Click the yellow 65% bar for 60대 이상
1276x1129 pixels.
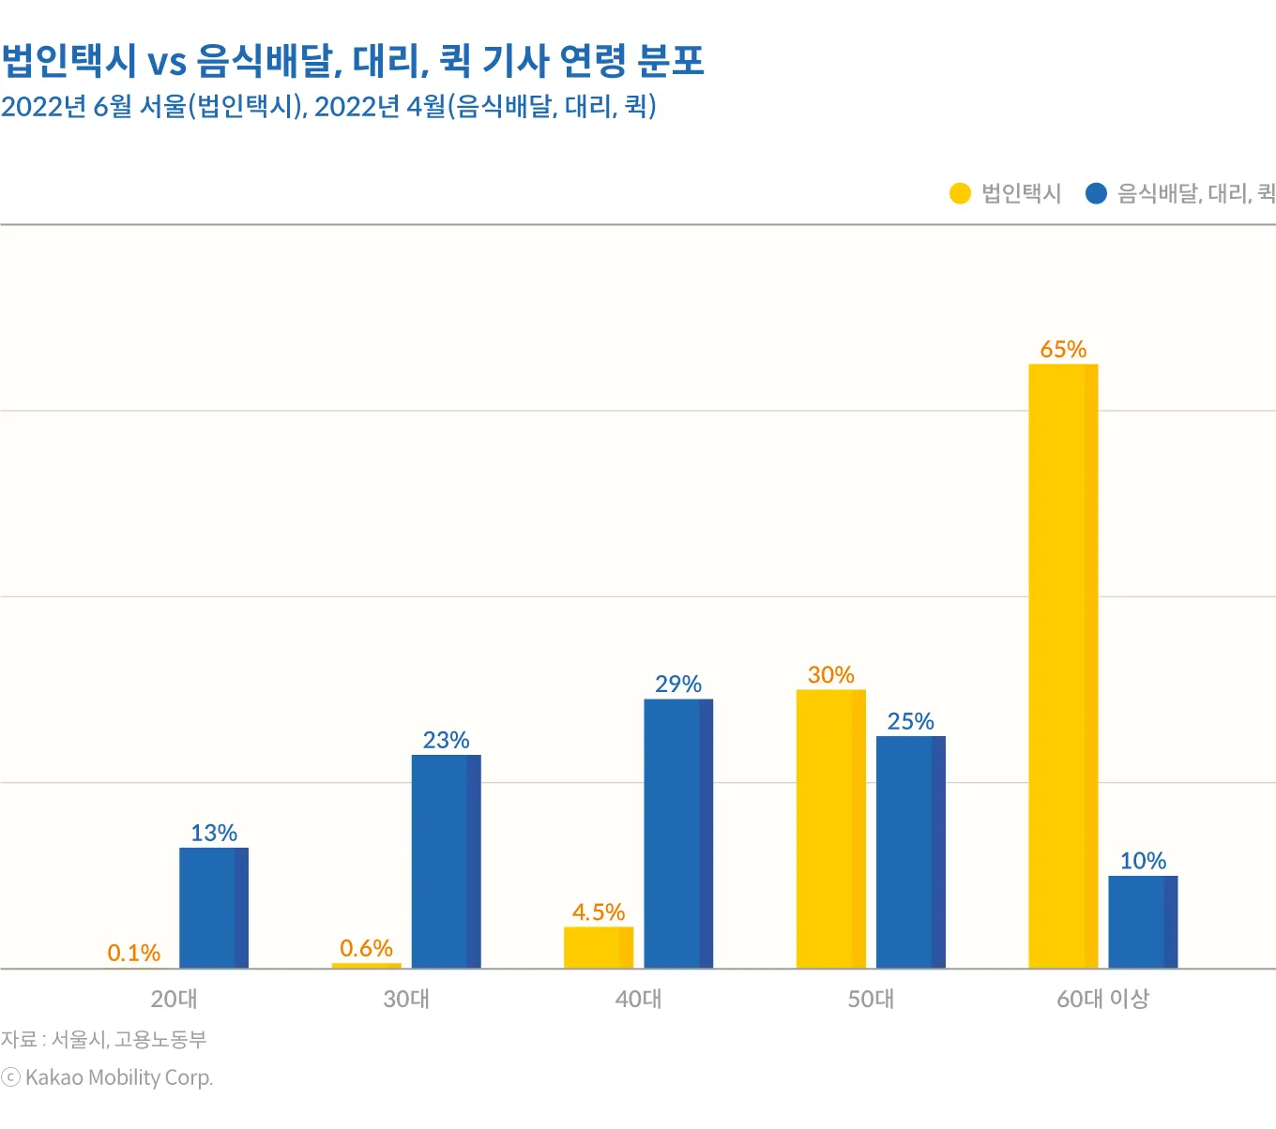[x=1063, y=666]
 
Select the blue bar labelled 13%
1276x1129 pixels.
[x=214, y=908]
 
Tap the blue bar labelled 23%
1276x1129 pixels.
[x=446, y=861]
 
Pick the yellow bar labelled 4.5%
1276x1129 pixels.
[x=599, y=947]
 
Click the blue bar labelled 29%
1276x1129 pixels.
[x=678, y=833]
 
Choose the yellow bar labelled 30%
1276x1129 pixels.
[x=830, y=828]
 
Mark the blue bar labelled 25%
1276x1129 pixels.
[x=911, y=851]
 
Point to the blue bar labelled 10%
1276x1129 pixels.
[x=1143, y=921]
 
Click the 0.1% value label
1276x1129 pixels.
[x=133, y=954]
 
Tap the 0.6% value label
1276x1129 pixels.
[x=366, y=949]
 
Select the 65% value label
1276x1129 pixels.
[x=1063, y=350]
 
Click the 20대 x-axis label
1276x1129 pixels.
[x=174, y=1000]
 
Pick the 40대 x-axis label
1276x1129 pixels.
[x=638, y=1000]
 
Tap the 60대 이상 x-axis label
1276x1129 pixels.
[x=1102, y=1000]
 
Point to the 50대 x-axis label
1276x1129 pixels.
[x=871, y=1000]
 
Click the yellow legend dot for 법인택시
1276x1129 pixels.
[x=960, y=193]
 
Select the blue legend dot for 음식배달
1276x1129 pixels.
[x=1096, y=193]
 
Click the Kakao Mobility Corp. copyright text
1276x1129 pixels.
[x=108, y=1078]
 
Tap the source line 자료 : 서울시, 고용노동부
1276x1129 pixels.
[x=103, y=1039]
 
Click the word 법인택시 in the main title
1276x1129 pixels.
[x=68, y=61]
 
